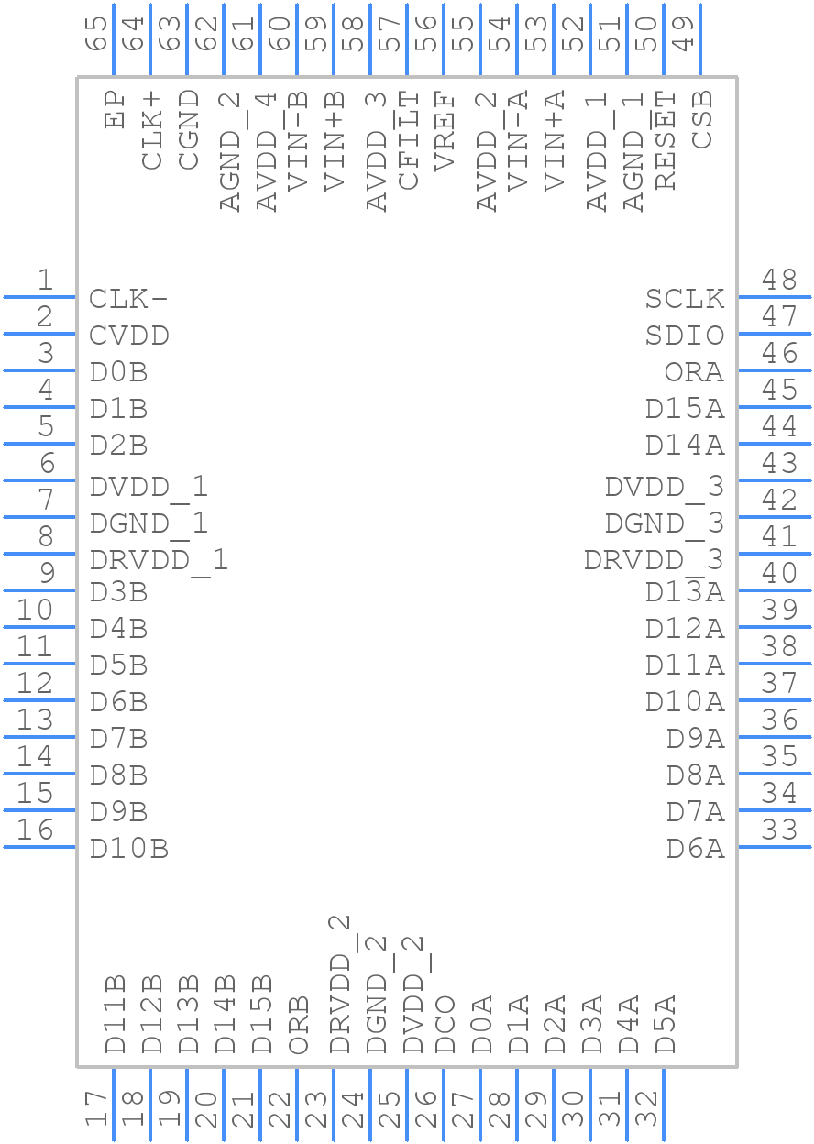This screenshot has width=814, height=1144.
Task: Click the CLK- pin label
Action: [x=128, y=299]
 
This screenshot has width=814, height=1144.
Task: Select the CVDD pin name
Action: [x=129, y=335]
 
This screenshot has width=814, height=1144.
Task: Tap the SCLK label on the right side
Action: [x=684, y=299]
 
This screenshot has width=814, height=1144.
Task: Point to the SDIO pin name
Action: [x=684, y=335]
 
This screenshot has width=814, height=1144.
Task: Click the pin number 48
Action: [x=779, y=280]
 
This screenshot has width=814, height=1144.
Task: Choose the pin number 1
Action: [x=43, y=280]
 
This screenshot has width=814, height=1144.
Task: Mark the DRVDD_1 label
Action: [x=158, y=559]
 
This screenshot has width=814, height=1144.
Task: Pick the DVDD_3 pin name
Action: [x=664, y=486]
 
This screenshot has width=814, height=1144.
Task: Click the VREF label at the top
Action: [x=445, y=131]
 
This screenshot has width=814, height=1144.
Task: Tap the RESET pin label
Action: [x=665, y=140]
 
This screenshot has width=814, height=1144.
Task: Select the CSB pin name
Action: [x=702, y=119]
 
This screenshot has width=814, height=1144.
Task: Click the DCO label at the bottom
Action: [x=445, y=1024]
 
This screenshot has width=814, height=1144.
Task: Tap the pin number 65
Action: [x=97, y=33]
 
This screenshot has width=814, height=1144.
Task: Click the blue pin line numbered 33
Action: [x=774, y=846]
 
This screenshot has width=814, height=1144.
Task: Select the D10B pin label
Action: [x=129, y=849]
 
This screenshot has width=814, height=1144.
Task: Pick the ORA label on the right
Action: [x=694, y=372]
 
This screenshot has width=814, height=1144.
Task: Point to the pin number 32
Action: [x=647, y=1109]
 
